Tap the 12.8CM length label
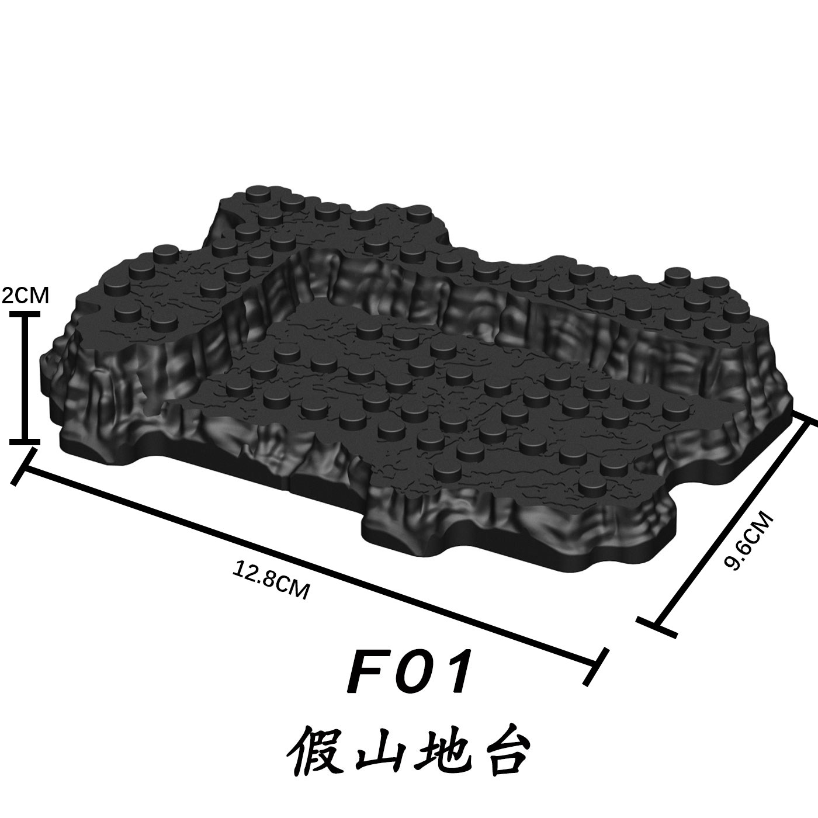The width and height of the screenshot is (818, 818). tap(270, 578)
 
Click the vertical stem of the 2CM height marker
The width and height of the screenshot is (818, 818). tap(24, 377)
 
